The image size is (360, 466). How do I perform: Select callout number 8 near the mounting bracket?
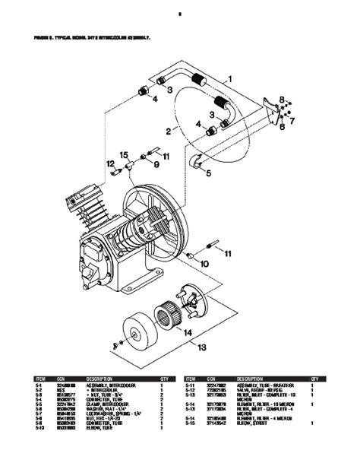[280, 99]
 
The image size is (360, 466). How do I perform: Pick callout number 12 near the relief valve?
[109, 164]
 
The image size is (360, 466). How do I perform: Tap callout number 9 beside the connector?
[157, 164]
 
